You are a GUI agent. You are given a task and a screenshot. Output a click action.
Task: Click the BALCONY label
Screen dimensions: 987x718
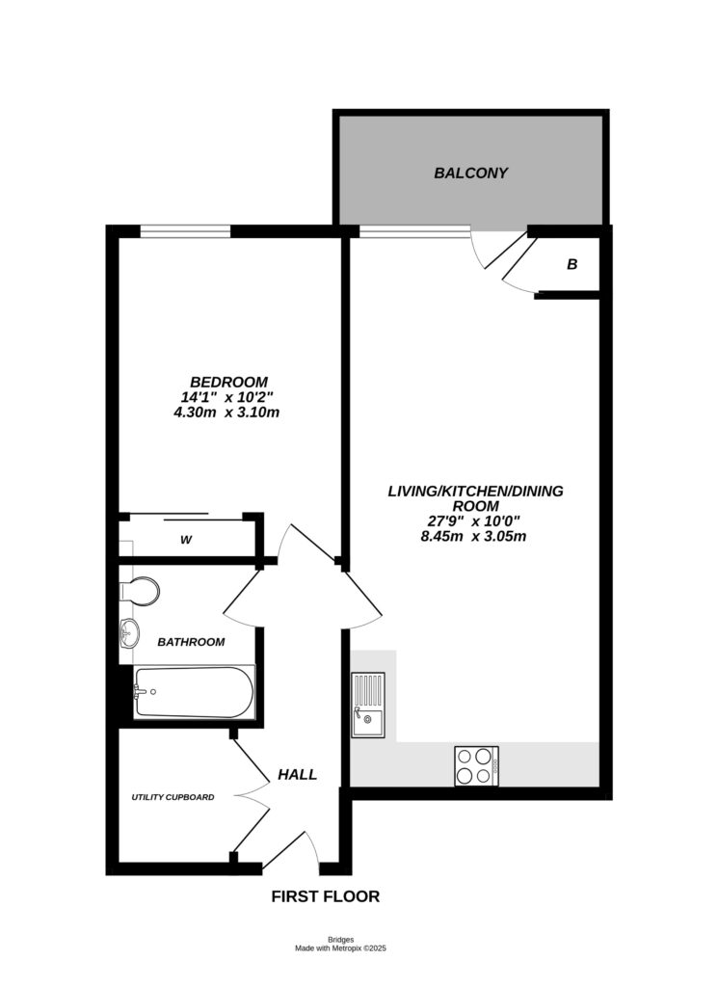tap(470, 173)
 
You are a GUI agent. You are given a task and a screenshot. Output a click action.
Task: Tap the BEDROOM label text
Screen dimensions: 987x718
tap(228, 382)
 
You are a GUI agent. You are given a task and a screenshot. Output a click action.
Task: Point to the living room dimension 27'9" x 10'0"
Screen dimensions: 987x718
tap(475, 521)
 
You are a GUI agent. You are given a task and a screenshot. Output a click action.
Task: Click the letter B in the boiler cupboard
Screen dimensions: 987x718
tap(572, 263)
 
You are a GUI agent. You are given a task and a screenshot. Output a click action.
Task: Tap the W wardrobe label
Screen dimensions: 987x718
tap(186, 540)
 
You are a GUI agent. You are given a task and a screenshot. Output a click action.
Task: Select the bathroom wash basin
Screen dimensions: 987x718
tap(129, 633)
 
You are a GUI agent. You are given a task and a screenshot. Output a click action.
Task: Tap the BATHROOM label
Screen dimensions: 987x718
tap(191, 642)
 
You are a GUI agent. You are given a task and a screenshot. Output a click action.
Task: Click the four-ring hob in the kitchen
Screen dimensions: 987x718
tap(476, 766)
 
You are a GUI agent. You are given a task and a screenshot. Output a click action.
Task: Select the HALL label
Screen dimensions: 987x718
tap(297, 774)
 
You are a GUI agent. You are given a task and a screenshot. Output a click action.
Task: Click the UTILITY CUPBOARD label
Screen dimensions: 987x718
tap(173, 797)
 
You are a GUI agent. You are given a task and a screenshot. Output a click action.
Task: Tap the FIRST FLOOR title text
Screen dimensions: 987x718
tap(325, 896)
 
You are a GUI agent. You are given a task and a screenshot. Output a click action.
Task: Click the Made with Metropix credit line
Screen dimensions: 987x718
tap(340, 949)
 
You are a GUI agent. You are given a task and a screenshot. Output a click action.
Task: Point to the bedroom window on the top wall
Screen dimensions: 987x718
tap(186, 230)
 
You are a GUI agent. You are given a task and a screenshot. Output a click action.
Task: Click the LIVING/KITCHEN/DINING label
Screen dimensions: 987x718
tap(475, 491)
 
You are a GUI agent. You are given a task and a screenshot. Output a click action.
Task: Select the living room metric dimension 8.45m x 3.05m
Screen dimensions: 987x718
tap(475, 537)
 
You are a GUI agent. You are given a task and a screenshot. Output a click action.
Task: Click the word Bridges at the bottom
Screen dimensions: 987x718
tap(340, 940)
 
